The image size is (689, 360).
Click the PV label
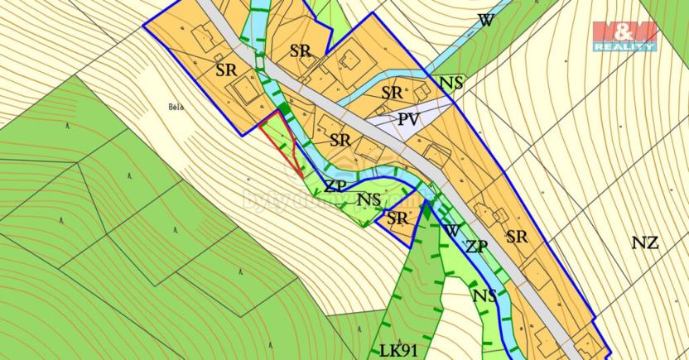pos(408,119)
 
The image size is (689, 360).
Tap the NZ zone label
pos(644,243)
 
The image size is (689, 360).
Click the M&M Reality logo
pos(624,36)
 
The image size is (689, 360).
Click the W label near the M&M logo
pos(485,21)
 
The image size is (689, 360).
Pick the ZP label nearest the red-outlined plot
pos(335,185)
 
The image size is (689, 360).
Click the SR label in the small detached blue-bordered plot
pos(397,218)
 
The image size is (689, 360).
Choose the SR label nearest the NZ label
pos(517,237)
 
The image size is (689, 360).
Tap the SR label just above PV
pos(392,91)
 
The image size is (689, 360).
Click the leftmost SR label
pos(226,68)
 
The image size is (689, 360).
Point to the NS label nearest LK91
pos(485,295)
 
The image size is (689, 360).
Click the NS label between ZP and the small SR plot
pos(369,199)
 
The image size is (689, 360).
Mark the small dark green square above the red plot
pos(285,108)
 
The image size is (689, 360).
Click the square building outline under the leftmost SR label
pos(245,89)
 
